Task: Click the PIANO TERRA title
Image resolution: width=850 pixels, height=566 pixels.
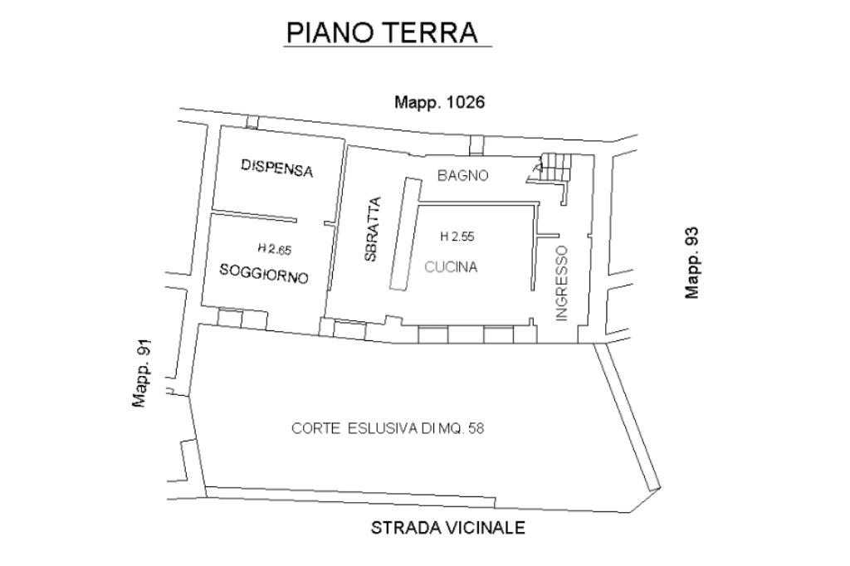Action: [382, 32]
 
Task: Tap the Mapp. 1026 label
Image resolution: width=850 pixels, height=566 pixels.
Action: [439, 102]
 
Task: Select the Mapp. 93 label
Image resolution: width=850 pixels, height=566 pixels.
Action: [691, 262]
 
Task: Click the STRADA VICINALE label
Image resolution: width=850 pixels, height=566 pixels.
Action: [447, 528]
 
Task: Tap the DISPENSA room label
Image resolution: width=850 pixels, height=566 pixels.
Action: [277, 168]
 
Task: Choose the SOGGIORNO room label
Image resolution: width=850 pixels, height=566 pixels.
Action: [264, 273]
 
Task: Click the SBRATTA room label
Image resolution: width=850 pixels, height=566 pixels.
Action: [373, 229]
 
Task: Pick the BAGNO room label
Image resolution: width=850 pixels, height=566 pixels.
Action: [463, 175]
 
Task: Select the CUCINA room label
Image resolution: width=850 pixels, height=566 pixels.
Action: [451, 266]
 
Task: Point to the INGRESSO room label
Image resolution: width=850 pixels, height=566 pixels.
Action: [562, 283]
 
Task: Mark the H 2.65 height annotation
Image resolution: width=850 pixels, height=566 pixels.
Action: [274, 249]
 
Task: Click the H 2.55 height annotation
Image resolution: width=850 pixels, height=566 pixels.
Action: [457, 237]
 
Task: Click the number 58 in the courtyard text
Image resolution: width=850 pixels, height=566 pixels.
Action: [476, 428]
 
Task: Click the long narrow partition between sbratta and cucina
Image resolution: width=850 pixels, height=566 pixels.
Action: [405, 234]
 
